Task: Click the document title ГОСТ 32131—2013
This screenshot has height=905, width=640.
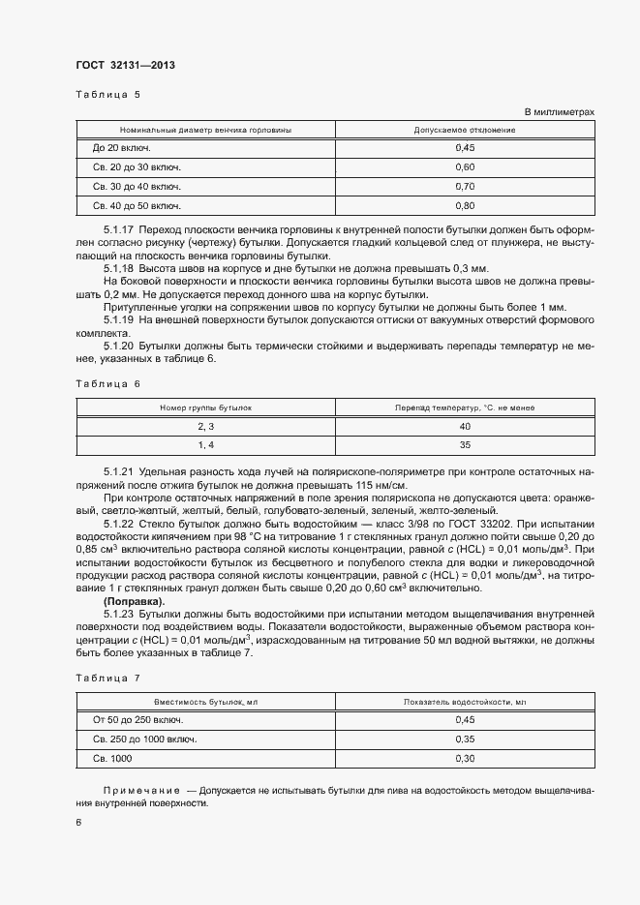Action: pos(125,65)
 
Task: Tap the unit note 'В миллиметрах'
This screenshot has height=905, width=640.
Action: pos(559,112)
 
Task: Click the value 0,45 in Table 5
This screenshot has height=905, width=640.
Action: pos(465,147)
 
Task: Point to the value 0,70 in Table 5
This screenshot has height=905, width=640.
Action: pos(465,186)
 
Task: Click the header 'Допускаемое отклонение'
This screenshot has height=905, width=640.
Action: pos(465,129)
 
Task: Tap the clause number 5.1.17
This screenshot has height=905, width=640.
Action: pos(118,229)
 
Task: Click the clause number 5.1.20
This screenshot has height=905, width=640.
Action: pos(118,347)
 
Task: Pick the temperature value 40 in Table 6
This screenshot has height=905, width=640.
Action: pos(465,426)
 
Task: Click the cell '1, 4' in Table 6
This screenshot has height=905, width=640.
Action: pos(205,445)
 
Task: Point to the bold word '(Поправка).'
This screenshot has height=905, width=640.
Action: pos(134,601)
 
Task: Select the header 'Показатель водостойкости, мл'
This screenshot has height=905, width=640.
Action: pos(465,701)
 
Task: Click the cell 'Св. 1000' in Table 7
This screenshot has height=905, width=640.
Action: pos(111,758)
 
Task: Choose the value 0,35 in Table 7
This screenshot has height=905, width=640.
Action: pos(465,739)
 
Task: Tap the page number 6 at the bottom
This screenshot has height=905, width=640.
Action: pos(78,822)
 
